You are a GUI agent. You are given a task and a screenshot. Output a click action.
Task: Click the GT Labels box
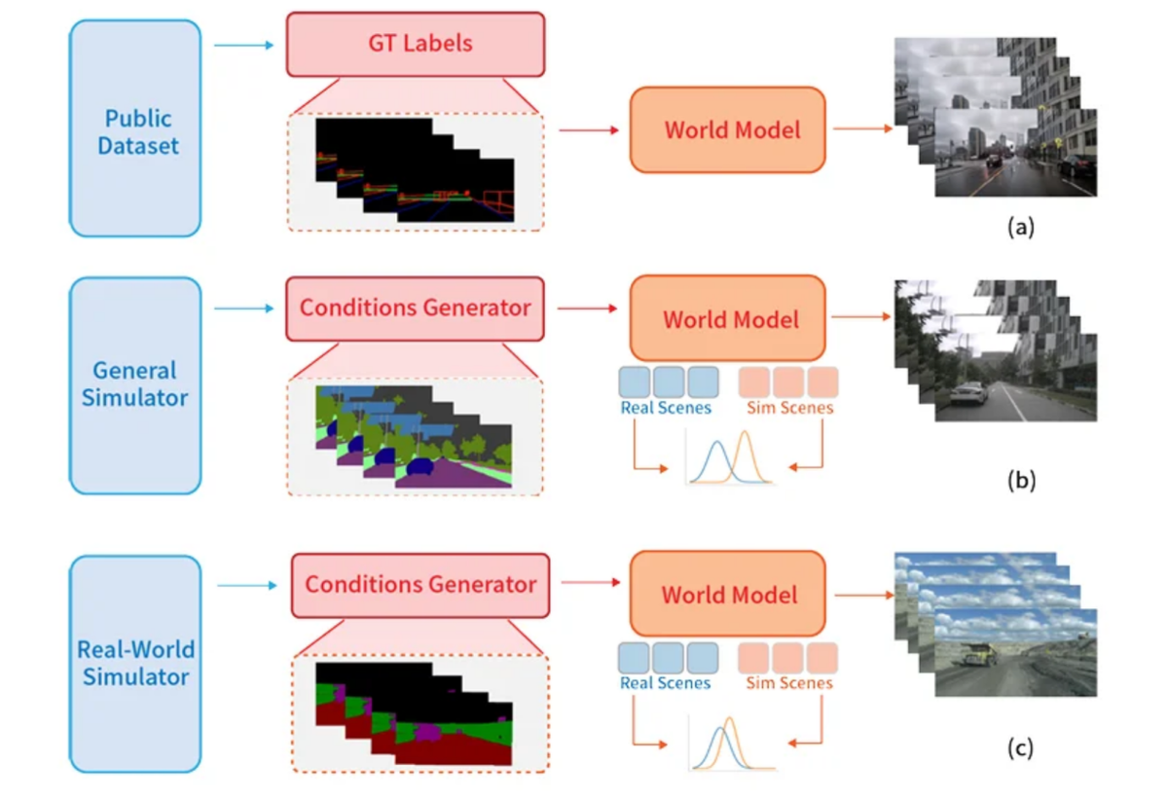pos(415,44)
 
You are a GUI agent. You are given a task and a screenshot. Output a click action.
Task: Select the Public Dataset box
pos(135,129)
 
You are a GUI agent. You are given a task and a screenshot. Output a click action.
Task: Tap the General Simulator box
pos(135,383)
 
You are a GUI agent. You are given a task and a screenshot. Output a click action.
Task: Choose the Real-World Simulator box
pos(135,662)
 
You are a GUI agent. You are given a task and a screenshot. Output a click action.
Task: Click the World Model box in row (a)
pos(728,129)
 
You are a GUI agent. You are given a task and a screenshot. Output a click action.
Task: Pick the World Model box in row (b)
pos(728,319)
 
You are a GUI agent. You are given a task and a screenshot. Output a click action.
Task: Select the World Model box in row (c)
pos(728,595)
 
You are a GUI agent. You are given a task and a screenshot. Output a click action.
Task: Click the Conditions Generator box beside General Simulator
pos(415,308)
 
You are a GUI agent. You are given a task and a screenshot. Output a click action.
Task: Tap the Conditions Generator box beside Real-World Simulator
pos(420,585)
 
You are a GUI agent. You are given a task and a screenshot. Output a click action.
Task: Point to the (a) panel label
pos(1019,228)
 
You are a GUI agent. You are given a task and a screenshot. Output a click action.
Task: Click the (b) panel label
pos(1019,479)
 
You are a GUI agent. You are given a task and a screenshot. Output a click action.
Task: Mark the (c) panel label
pos(1019,748)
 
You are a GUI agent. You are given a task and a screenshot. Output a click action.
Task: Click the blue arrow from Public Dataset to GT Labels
pos(243,44)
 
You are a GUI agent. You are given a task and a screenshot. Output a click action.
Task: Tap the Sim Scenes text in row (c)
pos(789,683)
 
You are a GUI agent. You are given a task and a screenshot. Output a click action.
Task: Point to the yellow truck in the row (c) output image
pos(977,654)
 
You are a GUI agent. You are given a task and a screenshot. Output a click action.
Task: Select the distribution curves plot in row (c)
pos(730,744)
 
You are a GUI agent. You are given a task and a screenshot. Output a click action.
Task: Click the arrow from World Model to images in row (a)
pos(862,129)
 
